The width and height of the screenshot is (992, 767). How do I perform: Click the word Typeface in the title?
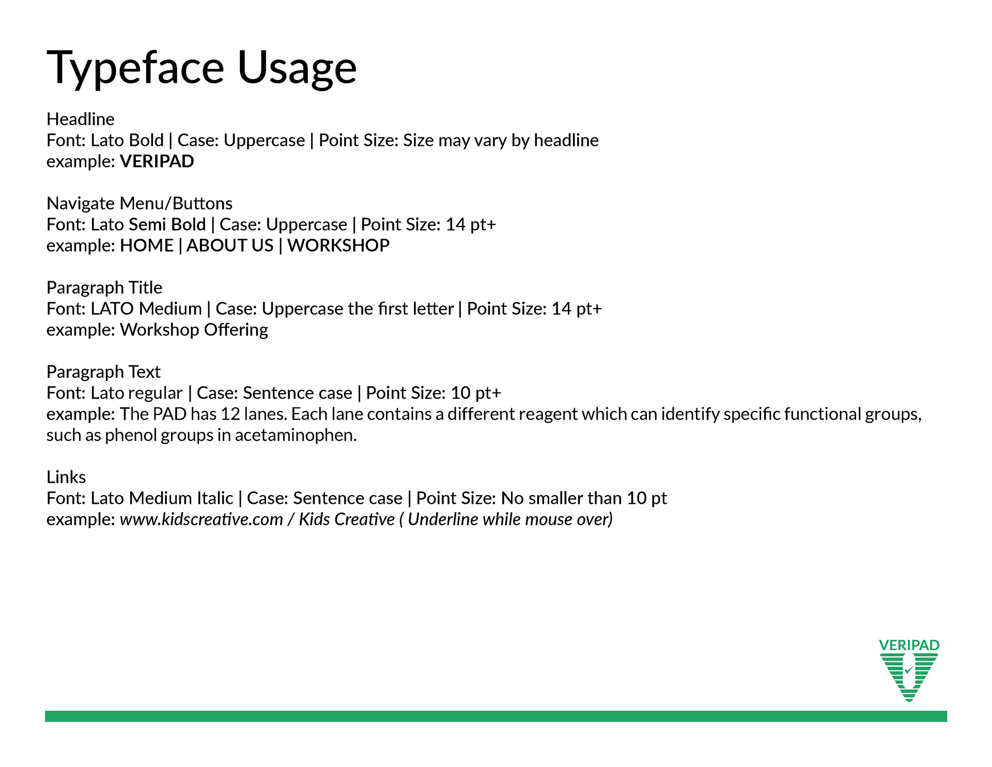(x=135, y=68)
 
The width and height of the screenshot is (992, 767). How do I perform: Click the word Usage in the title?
(x=297, y=68)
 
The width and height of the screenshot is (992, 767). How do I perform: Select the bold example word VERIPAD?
(x=157, y=161)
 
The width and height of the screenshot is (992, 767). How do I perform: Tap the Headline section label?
(x=81, y=119)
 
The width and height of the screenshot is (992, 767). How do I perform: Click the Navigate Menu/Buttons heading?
(x=139, y=203)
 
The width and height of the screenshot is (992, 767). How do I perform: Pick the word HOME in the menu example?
(x=147, y=246)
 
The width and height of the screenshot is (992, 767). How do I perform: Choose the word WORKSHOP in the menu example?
(x=338, y=246)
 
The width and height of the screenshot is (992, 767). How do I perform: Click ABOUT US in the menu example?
(x=230, y=246)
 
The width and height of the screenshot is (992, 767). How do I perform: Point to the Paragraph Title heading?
(x=104, y=287)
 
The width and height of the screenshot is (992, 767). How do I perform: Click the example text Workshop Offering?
(x=194, y=330)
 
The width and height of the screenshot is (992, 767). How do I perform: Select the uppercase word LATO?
(x=113, y=309)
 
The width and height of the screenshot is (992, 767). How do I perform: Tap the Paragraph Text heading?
(x=103, y=372)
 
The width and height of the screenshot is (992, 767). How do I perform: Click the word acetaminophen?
(x=296, y=435)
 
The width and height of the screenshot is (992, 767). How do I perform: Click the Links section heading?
(x=66, y=477)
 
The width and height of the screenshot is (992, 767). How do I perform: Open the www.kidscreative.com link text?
(x=202, y=519)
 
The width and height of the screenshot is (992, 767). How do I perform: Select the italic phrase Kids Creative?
(x=347, y=519)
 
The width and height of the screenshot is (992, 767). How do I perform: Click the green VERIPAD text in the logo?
(x=909, y=645)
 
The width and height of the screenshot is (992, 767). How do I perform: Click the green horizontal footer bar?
(x=496, y=716)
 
